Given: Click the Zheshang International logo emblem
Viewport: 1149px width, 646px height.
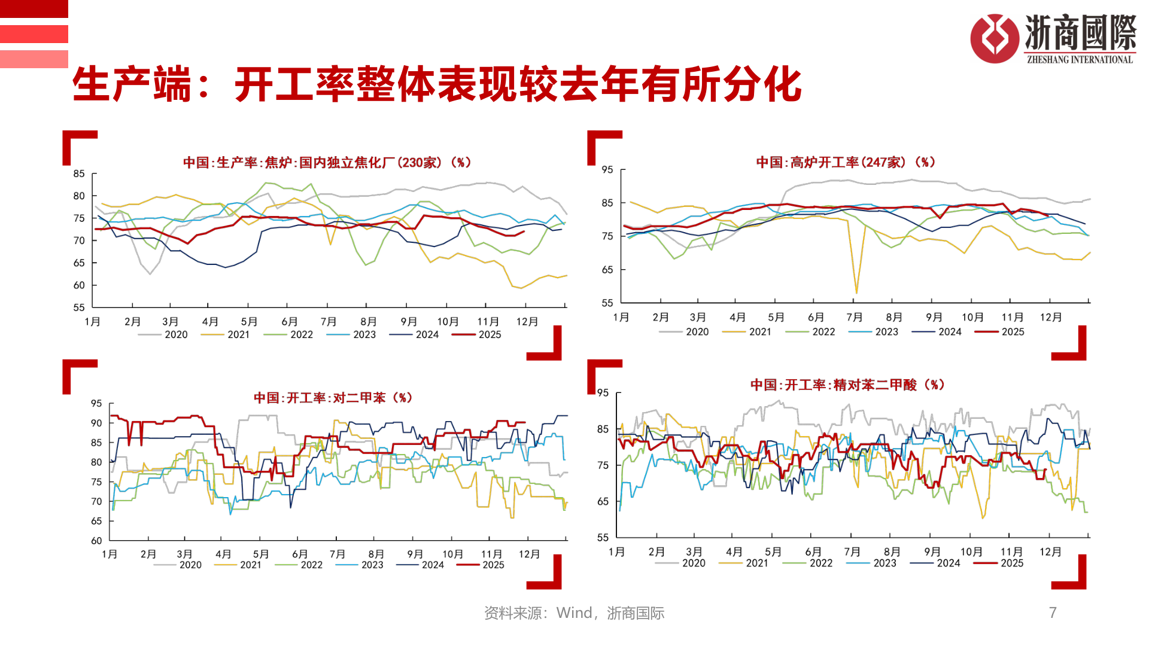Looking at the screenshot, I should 994,38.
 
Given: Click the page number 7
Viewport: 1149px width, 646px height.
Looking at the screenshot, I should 1053,613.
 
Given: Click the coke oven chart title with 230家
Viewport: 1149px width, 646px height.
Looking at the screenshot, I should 327,163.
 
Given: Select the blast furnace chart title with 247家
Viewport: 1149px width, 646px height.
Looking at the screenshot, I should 845,162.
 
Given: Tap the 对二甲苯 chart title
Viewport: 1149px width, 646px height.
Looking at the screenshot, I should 333,398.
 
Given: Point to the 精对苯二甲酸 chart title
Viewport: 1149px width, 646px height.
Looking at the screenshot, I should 847,385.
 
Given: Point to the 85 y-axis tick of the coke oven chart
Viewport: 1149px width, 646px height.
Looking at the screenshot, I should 79,174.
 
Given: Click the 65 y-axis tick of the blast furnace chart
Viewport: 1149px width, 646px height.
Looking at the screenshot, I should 607,270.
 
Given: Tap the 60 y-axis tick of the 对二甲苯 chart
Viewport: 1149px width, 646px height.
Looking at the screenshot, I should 96,541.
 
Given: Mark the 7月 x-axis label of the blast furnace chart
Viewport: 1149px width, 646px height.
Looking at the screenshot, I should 854,318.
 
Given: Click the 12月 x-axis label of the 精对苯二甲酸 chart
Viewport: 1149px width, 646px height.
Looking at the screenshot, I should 1050,552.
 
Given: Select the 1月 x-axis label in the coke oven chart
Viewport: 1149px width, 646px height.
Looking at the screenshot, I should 92,322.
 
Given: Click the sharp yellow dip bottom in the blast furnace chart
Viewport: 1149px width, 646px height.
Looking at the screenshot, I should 856,292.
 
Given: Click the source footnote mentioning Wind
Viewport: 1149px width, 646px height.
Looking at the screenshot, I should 574,613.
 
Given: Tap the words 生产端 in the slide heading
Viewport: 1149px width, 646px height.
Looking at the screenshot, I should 132,84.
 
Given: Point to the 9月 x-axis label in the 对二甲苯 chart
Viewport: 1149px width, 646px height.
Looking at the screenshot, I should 415,554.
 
